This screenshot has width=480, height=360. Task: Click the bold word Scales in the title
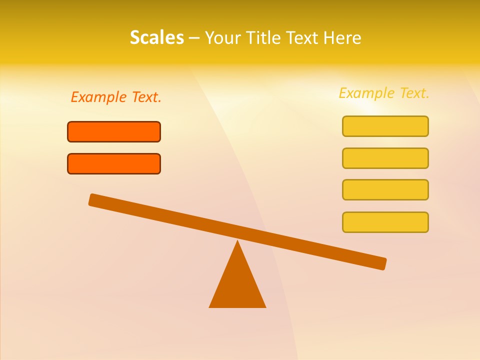tap(156, 37)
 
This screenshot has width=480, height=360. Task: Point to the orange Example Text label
tap(116, 97)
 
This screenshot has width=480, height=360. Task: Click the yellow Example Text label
tap(384, 93)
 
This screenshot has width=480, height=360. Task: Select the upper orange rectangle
tap(114, 131)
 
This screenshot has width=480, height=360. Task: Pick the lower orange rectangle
tap(114, 163)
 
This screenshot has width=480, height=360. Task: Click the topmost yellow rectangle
tap(385, 126)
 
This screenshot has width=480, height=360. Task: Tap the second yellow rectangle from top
tap(385, 158)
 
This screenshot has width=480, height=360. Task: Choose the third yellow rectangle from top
tap(385, 189)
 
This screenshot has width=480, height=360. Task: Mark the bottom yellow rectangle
tap(385, 222)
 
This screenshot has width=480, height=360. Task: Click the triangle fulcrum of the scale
tap(237, 285)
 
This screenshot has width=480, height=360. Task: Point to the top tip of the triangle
tap(237, 242)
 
